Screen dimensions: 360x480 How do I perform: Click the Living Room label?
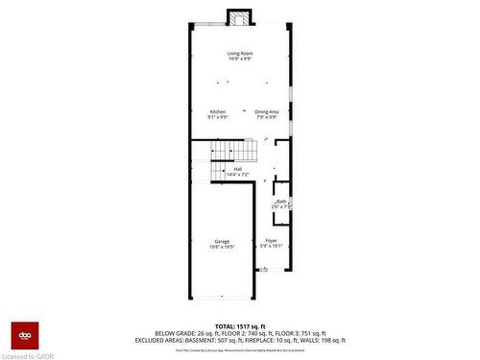(239, 53)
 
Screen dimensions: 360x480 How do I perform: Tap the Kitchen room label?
(218, 111)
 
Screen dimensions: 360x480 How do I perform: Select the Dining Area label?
(267, 111)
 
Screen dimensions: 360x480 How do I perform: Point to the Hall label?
(236, 169)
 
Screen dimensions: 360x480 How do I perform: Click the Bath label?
(281, 201)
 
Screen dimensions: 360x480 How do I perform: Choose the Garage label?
(222, 240)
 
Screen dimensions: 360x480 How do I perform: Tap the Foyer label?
(272, 240)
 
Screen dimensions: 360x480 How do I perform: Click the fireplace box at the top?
(239, 18)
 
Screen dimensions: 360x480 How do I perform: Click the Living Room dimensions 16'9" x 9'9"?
(239, 59)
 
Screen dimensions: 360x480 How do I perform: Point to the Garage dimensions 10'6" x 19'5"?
(222, 246)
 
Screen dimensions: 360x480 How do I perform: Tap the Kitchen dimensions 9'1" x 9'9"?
(218, 117)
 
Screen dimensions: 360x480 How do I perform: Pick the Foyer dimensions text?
(272, 246)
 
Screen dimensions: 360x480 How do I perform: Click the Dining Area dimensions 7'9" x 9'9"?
(267, 117)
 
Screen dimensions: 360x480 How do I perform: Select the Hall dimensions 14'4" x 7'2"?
(236, 175)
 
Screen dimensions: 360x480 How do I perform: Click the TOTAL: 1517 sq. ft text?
(240, 326)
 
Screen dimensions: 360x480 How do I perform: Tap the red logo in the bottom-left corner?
(23, 333)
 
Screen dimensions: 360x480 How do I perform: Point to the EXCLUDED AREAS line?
(240, 340)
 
